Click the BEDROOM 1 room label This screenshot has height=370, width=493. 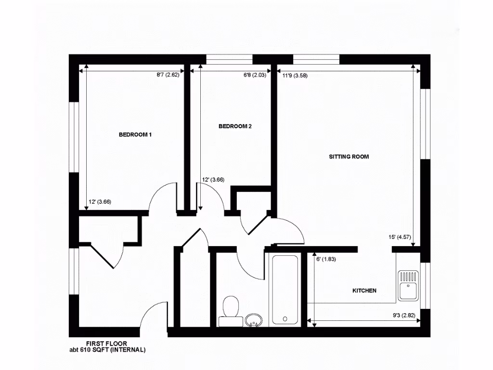click(135, 134)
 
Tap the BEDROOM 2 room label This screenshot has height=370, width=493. click(235, 127)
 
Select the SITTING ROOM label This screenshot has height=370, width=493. click(349, 157)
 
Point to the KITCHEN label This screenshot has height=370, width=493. click(364, 291)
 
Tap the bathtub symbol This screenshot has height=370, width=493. click(286, 289)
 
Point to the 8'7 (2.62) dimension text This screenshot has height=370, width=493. click(168, 75)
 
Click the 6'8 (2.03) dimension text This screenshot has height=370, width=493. click(255, 75)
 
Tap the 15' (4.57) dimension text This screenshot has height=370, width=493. click(399, 237)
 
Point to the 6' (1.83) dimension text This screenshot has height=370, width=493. click(326, 259)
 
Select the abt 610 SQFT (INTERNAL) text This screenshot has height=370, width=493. click(107, 350)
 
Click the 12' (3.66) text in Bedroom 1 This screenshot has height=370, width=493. click(100, 202)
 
